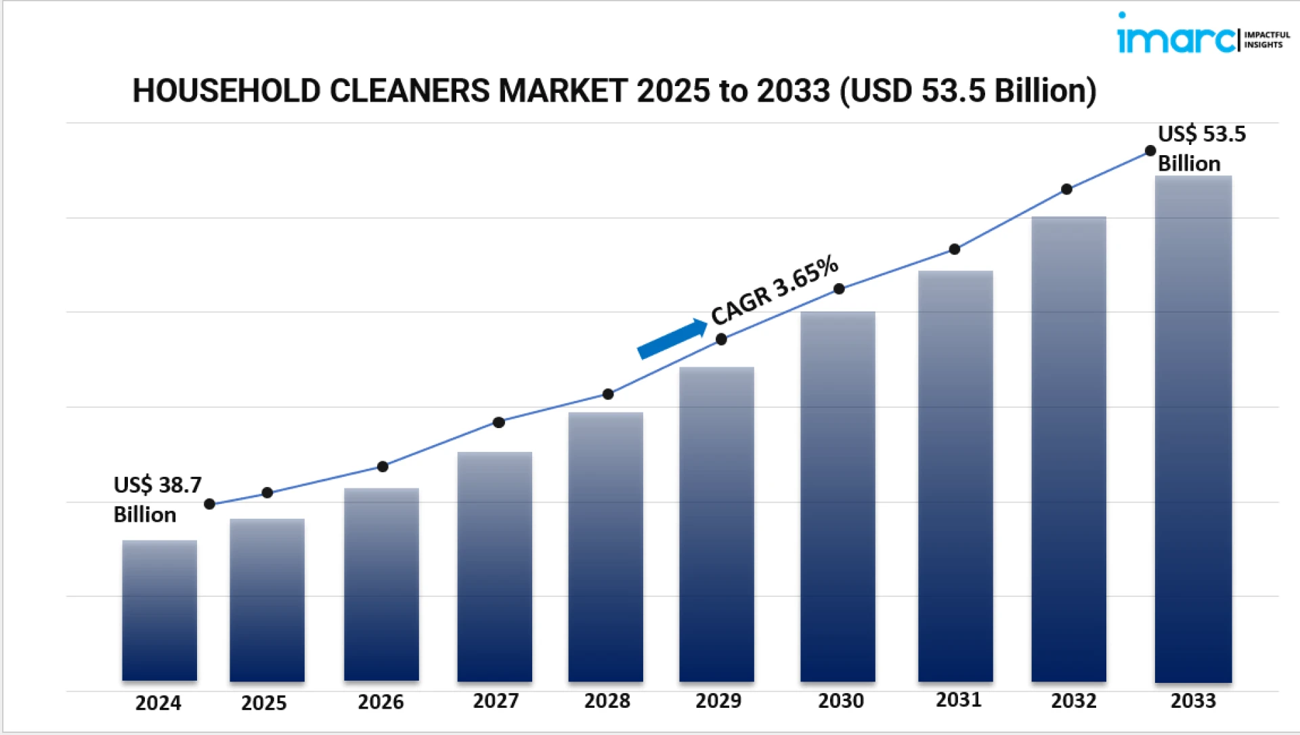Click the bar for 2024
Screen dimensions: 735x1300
point(159,610)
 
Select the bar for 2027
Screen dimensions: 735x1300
point(494,566)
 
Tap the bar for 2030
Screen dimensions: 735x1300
point(838,496)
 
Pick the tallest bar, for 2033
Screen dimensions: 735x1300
point(1193,428)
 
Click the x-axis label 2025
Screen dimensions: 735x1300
point(264,703)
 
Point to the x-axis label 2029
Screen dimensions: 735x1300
point(718,701)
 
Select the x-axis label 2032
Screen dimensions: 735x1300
point(1074,701)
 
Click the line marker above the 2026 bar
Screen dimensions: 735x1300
point(383,467)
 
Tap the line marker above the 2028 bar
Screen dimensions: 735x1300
point(608,394)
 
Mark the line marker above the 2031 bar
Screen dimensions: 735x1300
point(955,249)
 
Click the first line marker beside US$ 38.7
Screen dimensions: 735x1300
point(210,504)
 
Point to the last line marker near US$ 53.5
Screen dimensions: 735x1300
point(1150,151)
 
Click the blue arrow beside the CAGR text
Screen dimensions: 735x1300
point(672,339)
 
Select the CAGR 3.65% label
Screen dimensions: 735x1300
point(775,291)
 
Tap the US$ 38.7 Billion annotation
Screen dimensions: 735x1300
point(157,500)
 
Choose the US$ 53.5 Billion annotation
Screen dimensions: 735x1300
point(1200,148)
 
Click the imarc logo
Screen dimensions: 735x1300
point(1175,38)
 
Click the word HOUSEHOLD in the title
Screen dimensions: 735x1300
point(226,91)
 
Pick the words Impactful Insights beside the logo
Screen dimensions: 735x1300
point(1267,39)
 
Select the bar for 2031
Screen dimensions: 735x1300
point(955,476)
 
